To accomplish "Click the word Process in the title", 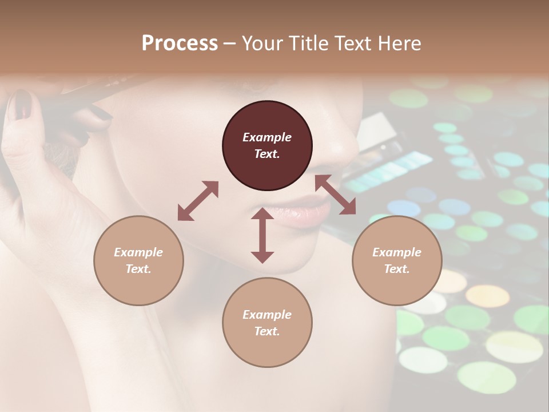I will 180,43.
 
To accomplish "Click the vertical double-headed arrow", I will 262,235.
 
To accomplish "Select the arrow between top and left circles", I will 198,201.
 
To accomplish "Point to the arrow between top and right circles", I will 336,195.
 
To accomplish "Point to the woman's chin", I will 297,263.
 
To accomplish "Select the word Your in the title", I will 261,43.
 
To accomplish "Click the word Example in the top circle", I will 267,137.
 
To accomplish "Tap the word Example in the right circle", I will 397,252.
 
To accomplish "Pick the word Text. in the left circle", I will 138,269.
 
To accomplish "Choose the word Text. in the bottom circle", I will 267,331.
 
